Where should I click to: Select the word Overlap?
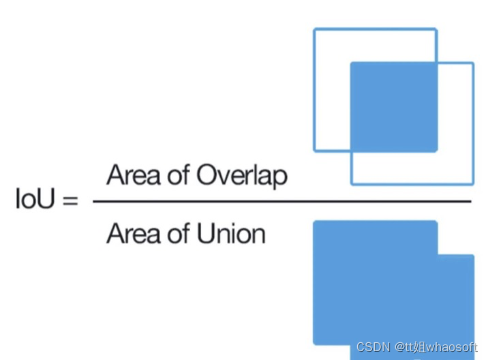[x=242, y=175]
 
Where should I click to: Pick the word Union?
[x=231, y=234]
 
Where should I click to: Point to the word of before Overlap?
[x=178, y=175]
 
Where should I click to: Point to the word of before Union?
[x=178, y=234]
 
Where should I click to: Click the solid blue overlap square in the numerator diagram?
[x=393, y=106]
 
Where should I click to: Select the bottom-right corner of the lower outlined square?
[x=472, y=183]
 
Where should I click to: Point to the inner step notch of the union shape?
[x=438, y=255]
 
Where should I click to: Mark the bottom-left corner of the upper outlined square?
[x=315, y=150]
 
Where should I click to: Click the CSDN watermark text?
[x=373, y=347]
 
